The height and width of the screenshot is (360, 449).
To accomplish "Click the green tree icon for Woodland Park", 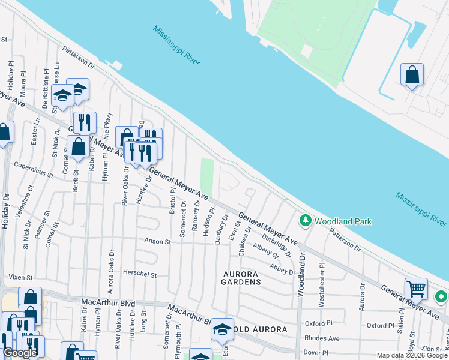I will (306, 221).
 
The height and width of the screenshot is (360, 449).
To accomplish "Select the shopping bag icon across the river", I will (412, 76).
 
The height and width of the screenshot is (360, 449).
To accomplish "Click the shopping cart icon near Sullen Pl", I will (416, 289).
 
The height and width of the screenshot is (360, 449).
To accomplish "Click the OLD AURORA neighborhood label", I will (259, 330).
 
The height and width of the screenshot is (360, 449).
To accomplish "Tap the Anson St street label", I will (158, 242).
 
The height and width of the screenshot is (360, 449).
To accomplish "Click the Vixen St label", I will (19, 277).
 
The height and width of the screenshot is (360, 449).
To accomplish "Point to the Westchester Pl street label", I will (322, 284).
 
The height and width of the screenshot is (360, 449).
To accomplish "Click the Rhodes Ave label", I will (322, 338).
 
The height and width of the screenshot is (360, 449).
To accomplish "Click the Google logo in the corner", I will (20, 353).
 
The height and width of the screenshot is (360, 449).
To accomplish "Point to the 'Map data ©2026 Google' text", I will (412, 355).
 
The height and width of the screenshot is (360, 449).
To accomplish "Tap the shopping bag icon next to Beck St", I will (78, 146).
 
